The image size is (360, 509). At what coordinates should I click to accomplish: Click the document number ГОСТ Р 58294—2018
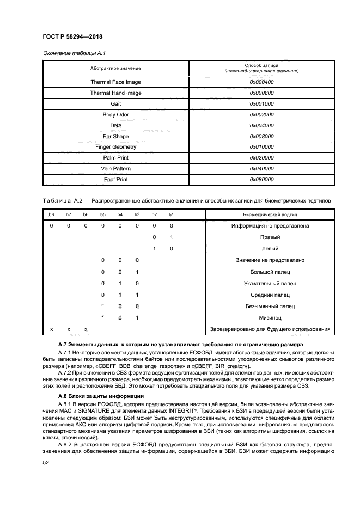coord(72,36)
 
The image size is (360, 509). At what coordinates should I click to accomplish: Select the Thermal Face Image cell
coord(115,82)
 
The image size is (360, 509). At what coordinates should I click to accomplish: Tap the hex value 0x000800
coord(261,93)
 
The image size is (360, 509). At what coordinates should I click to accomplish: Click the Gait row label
coord(115,104)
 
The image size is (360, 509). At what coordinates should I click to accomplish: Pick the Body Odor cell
coord(115,115)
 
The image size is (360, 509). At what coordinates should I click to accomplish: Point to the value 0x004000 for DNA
coord(261,126)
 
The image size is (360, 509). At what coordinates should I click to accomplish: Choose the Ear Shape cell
coord(115,136)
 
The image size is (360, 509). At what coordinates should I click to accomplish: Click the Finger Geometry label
coord(115,147)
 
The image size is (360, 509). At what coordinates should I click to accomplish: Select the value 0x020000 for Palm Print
coord(261,158)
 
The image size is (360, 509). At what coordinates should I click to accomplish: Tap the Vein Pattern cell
coord(115,169)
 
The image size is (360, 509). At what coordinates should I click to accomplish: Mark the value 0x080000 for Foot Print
coord(261,180)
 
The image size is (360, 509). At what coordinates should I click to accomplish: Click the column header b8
coord(52,215)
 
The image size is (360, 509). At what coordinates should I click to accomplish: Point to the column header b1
coord(171,215)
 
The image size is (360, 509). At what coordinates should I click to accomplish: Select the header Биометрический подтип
coord(270,215)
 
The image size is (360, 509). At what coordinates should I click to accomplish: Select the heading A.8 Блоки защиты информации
coord(93,395)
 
